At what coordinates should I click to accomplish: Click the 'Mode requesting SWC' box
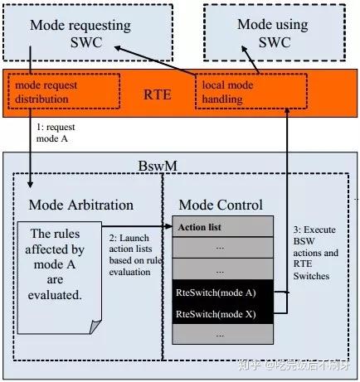[x=80, y=33]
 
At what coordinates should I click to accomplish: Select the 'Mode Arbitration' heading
[x=81, y=205]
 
